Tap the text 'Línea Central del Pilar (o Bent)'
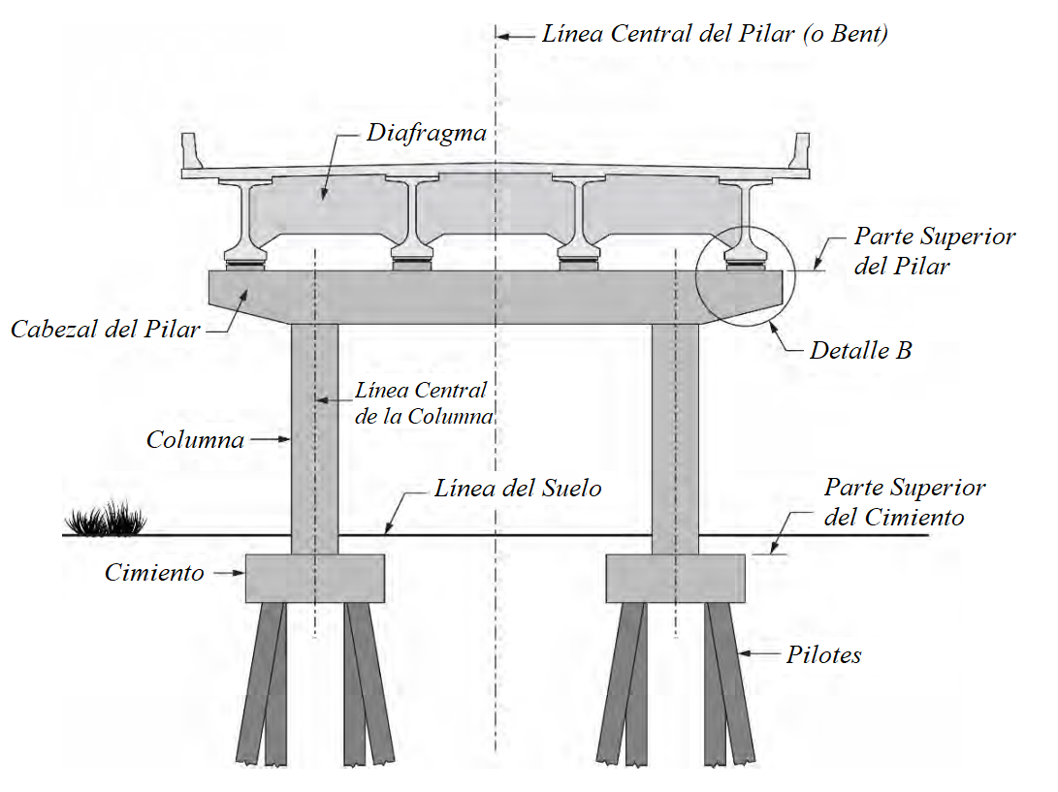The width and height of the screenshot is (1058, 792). pos(715,34)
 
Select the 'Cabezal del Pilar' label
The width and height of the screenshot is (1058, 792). pos(106,329)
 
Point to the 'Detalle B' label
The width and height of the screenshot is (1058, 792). pos(860,350)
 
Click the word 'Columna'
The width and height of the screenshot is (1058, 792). pos(195,439)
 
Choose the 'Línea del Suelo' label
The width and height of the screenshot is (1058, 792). pos(517,488)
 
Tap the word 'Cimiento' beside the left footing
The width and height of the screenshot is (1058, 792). pos(154,573)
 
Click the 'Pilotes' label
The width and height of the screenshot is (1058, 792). pos(823,655)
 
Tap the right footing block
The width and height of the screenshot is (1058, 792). pos(675,579)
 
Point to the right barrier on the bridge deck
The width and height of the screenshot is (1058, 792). pos(801,152)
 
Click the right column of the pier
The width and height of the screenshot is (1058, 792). pos(675,436)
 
